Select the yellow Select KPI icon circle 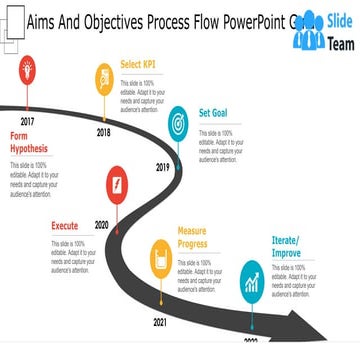click(104, 77)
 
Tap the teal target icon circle click(179, 121)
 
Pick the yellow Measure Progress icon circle click(160, 256)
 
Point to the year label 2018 click(104, 132)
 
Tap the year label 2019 click(163, 167)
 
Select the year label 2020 click(102, 225)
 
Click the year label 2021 click(160, 323)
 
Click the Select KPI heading click(138, 65)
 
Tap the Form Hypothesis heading click(28, 142)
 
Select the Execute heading click(65, 226)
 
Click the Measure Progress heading click(192, 237)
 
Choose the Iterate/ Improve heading click(287, 246)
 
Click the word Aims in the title click(42, 19)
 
